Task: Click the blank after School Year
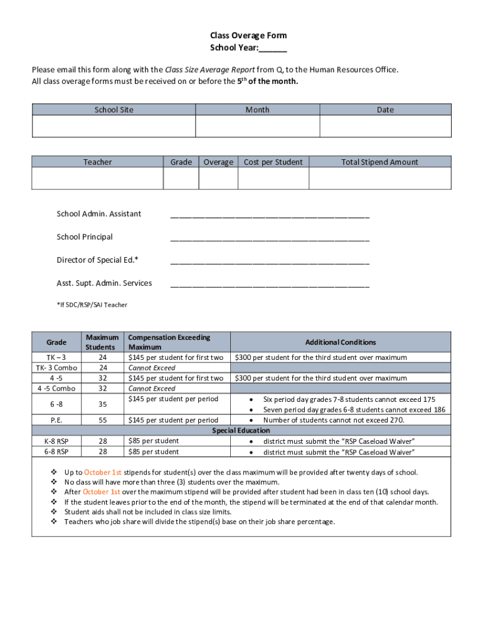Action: pyautogui.click(x=273, y=49)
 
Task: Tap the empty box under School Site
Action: pyautogui.click(x=114, y=126)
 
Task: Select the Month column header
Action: pyautogui.click(x=257, y=110)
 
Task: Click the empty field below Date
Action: pyautogui.click(x=385, y=126)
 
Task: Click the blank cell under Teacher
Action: pyautogui.click(x=97, y=178)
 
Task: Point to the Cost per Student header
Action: pyautogui.click(x=273, y=162)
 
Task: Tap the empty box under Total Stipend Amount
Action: pyautogui.click(x=379, y=178)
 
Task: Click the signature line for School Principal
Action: pyautogui.click(x=270, y=238)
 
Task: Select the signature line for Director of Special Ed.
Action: pyautogui.click(x=270, y=261)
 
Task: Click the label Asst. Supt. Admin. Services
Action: pyautogui.click(x=104, y=283)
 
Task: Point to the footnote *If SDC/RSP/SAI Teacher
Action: pyautogui.click(x=92, y=305)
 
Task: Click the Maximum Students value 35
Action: pyautogui.click(x=102, y=404)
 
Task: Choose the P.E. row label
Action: pyautogui.click(x=56, y=420)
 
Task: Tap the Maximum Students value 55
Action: pyautogui.click(x=102, y=420)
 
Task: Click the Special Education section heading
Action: pyautogui.click(x=241, y=431)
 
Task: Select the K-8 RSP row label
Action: pyautogui.click(x=56, y=441)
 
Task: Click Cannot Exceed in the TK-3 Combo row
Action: pyautogui.click(x=152, y=368)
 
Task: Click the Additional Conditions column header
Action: pyautogui.click(x=341, y=342)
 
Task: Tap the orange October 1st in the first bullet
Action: pyautogui.click(x=103, y=472)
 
